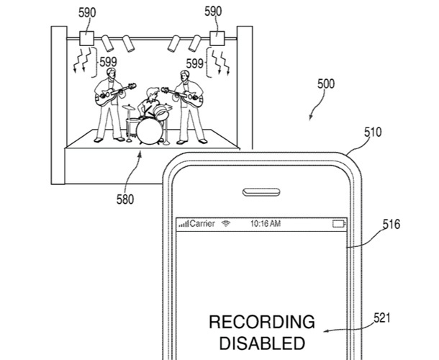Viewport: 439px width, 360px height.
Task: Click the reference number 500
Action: [x=325, y=84]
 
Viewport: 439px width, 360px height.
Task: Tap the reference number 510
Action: [x=373, y=133]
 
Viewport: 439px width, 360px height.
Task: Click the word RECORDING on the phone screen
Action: [x=261, y=322]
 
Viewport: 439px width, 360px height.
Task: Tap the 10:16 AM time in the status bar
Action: [x=265, y=224]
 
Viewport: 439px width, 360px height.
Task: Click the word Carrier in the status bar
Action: [x=202, y=224]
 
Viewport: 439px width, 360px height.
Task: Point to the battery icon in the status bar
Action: [x=339, y=224]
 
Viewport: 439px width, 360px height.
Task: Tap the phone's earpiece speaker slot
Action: [x=261, y=192]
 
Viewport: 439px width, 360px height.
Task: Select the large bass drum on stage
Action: [x=149, y=131]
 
